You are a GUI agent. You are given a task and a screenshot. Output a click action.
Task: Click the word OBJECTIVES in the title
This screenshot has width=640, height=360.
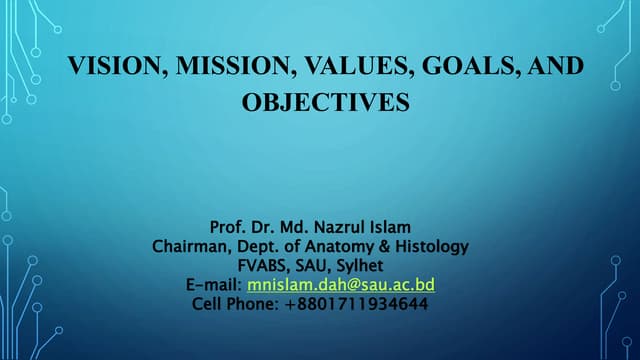326,103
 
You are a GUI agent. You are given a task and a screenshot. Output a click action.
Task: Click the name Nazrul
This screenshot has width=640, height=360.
354,227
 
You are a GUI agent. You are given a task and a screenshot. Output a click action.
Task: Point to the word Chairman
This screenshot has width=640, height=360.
190,246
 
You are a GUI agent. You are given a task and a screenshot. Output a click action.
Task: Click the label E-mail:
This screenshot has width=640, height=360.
214,285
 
